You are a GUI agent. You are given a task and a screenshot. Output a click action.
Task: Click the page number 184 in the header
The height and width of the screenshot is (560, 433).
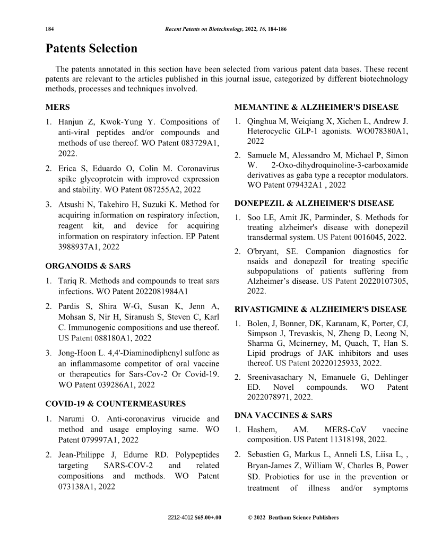(x=51, y=29)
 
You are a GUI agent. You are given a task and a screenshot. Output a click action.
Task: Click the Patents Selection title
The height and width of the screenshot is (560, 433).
(x=91, y=49)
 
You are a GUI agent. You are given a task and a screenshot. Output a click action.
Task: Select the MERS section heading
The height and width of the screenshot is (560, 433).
(x=57, y=107)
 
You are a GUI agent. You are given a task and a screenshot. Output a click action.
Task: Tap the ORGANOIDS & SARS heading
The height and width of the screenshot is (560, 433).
(x=88, y=266)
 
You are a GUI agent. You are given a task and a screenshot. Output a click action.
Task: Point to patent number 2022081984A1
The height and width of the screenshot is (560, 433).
(x=158, y=291)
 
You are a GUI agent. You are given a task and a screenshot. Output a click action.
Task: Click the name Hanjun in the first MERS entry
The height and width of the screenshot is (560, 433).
(x=73, y=122)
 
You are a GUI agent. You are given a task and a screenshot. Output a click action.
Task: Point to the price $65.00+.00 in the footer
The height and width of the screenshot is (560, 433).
(x=207, y=518)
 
